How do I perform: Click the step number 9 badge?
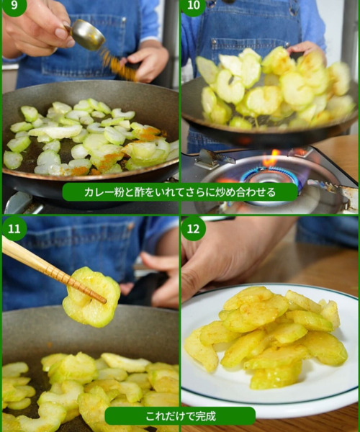coord(14,6)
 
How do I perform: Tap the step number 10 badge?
coord(194,6)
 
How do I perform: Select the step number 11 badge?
coord(14,228)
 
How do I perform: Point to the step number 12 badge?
coord(194,228)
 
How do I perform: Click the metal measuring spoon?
coord(86,35)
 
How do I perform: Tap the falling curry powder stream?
coord(118,65)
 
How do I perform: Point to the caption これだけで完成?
coord(181,416)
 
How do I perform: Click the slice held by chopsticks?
coord(91,297)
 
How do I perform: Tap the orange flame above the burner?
coord(271,158)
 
